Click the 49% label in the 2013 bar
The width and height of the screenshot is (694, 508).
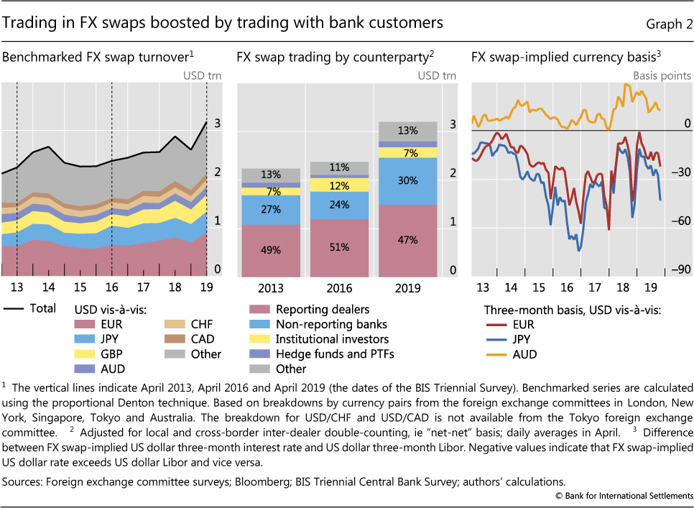coord(260,250)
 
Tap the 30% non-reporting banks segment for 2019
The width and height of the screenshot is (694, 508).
coord(407,181)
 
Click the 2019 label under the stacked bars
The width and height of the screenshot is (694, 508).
coord(407,288)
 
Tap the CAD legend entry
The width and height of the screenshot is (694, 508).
coord(185,338)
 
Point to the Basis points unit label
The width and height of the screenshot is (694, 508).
coord(661,75)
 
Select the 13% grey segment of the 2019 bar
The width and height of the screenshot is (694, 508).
coord(407,131)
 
